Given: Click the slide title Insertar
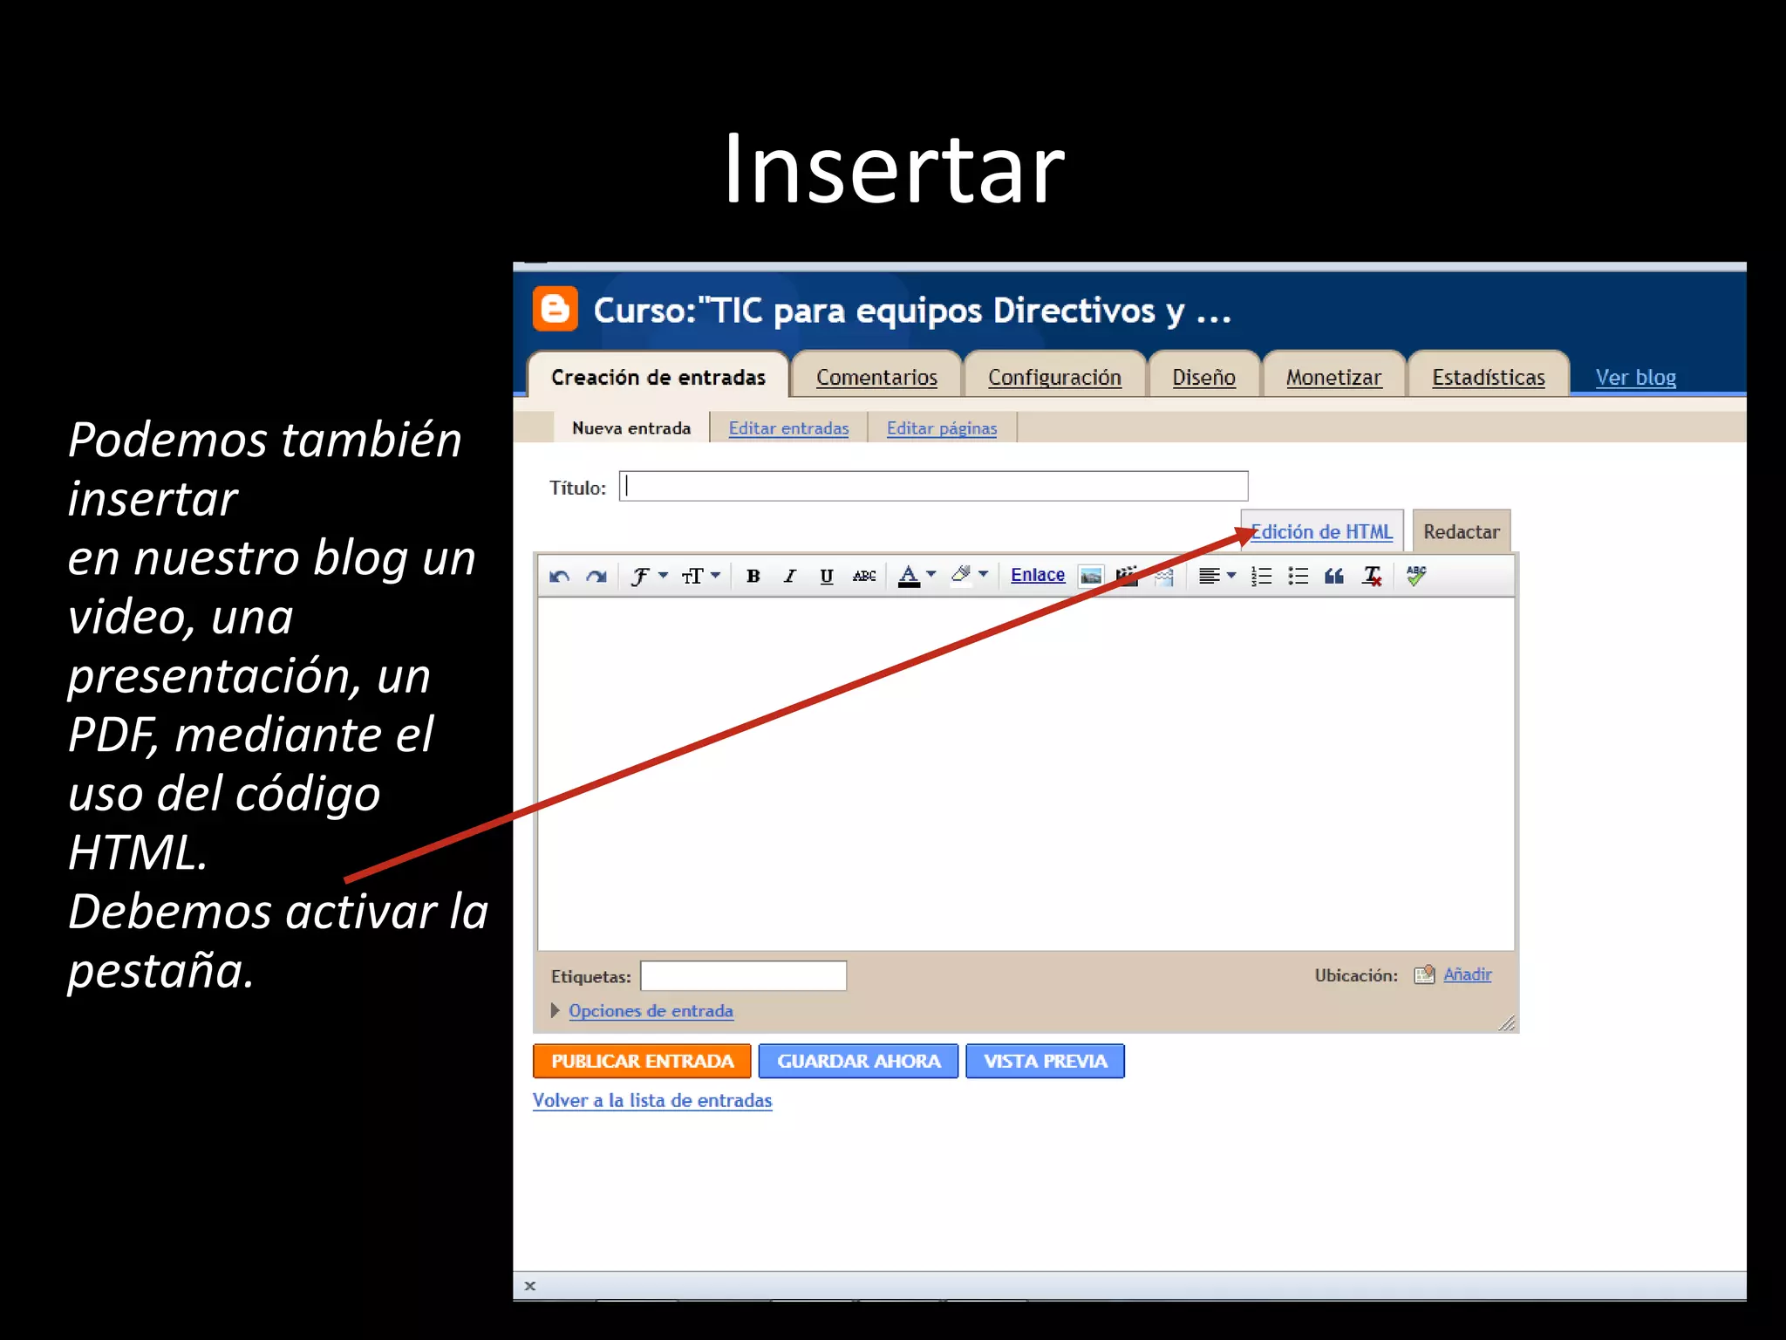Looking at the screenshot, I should [893, 169].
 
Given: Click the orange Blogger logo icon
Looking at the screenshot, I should [556, 309].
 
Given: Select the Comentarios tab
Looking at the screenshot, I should [876, 377].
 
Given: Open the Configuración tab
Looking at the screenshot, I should [1054, 377].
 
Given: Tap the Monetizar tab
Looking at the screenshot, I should [1333, 377].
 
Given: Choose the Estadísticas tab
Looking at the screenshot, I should [1488, 377].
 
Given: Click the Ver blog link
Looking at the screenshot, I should [1635, 377].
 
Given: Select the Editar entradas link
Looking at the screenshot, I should [788, 427].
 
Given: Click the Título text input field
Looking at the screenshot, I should [933, 486].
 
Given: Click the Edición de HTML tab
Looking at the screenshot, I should [1322, 531].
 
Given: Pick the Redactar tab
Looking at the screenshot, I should [1461, 531].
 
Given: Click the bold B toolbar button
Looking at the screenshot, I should [753, 576].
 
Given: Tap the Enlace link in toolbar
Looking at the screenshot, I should [1037, 575].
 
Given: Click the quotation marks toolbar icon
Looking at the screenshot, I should [1333, 576].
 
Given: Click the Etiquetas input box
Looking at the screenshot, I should [743, 975].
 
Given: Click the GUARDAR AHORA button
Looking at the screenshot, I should [858, 1061].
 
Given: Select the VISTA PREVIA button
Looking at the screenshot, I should [1045, 1061].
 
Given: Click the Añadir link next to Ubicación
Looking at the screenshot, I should [1467, 974].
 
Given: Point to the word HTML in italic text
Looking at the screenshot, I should [137, 852].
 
